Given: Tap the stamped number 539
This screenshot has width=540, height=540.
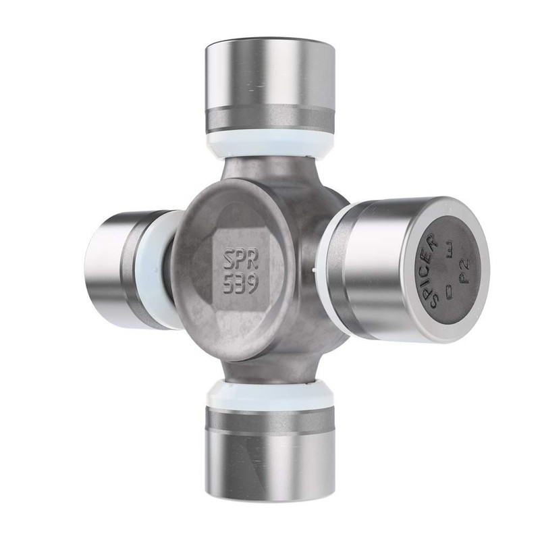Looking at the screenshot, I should click(240, 283).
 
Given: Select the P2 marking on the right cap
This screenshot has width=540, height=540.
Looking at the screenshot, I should click(464, 271).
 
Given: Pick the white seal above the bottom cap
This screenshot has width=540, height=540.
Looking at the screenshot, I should click(270, 394).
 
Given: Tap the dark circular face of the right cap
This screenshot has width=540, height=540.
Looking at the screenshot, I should click(448, 270).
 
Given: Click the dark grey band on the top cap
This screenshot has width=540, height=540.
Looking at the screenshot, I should click(270, 119).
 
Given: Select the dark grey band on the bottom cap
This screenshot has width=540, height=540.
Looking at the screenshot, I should click(270, 420).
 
